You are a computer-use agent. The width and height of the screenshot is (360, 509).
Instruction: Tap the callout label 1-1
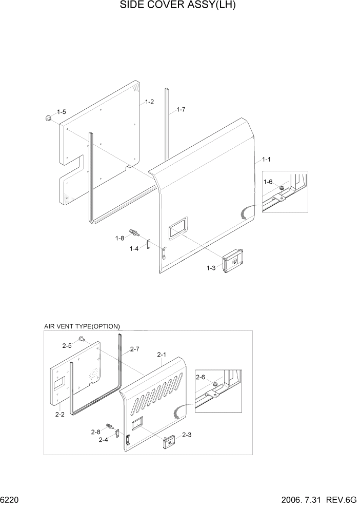266,160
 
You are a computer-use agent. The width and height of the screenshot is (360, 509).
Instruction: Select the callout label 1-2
149,102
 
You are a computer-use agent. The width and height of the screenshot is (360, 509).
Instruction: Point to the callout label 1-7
181,109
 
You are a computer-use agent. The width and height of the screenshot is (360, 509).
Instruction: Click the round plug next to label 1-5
48,119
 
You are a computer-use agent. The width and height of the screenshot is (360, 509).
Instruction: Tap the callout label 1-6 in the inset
268,182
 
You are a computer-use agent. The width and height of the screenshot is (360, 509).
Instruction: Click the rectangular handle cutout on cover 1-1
176,227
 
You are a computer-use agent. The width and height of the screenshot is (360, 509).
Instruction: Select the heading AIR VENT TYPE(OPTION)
82,326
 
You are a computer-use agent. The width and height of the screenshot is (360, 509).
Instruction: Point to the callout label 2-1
162,355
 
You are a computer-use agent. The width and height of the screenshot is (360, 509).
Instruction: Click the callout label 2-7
135,349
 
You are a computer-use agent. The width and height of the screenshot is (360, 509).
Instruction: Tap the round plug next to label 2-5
81,338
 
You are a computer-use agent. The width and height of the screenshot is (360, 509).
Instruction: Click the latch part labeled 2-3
169,441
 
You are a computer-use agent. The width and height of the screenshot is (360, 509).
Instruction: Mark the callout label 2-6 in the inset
201,378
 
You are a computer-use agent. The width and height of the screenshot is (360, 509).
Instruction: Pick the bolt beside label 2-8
109,426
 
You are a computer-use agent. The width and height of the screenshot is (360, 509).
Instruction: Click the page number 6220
10,499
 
